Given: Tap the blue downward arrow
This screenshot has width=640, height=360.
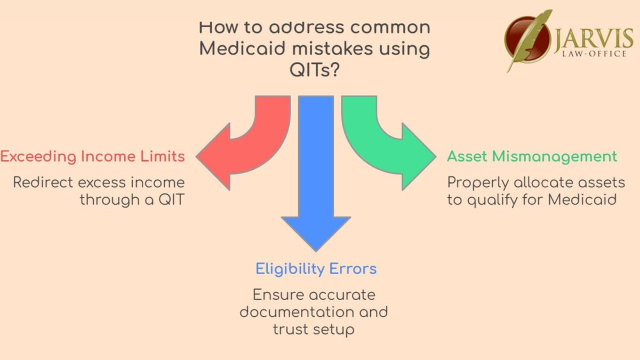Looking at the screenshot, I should click(x=316, y=176).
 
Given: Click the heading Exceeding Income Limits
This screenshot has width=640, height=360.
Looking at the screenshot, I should click(x=93, y=157).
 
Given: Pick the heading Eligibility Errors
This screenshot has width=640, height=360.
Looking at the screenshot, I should click(x=316, y=268).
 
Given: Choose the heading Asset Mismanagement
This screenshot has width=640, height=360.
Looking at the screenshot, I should click(x=532, y=157).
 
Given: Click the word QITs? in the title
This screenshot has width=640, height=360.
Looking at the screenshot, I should click(x=315, y=71).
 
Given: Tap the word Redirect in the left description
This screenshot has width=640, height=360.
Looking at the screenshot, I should click(x=44, y=182).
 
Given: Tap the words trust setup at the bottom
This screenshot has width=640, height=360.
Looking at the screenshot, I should click(x=314, y=329).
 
